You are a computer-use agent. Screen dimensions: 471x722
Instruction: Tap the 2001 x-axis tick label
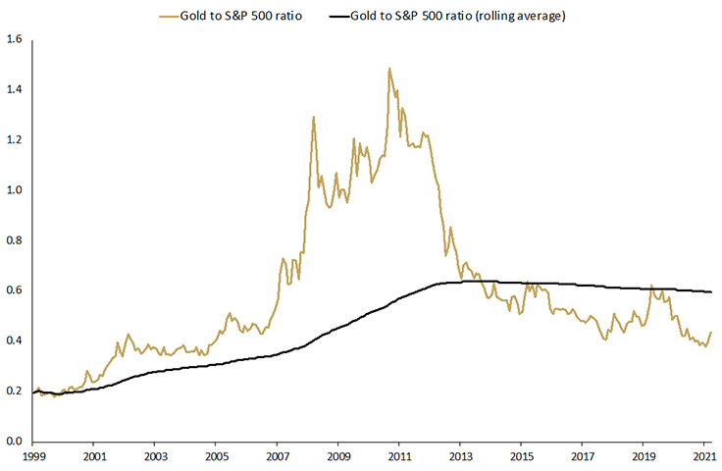click(93, 457)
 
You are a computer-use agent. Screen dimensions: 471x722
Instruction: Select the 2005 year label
click(216, 457)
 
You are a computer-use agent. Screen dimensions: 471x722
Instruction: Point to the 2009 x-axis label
click(337, 457)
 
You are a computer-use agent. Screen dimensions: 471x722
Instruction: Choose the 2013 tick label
click(460, 457)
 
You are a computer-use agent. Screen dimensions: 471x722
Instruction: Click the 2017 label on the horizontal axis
click(582, 457)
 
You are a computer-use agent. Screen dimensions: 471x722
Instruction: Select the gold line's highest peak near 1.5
click(389, 69)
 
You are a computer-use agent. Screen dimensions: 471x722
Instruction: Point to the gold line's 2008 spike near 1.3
click(313, 118)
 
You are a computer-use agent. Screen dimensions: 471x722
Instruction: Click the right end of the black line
click(711, 291)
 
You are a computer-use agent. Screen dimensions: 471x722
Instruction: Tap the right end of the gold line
click(711, 332)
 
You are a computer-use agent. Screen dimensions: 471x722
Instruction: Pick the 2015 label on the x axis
click(521, 457)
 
